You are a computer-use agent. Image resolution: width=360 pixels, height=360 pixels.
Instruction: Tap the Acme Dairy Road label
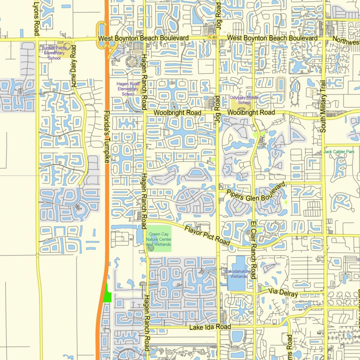click(x=74, y=66)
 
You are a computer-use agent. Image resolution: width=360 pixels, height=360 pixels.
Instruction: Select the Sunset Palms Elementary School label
click(x=54, y=52)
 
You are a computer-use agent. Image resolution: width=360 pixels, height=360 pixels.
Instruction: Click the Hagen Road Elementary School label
click(x=128, y=89)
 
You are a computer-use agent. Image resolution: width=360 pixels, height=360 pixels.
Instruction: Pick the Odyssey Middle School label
click(x=244, y=100)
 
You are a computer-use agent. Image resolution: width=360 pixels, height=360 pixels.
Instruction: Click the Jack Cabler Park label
click(x=339, y=152)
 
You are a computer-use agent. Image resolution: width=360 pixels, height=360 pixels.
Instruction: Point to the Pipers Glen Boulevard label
click(x=256, y=193)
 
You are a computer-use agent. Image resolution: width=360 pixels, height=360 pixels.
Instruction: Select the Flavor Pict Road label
click(x=207, y=235)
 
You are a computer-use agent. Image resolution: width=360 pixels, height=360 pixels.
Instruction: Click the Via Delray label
click(x=283, y=292)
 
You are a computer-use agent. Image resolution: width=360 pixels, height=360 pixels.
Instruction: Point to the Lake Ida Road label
click(x=210, y=327)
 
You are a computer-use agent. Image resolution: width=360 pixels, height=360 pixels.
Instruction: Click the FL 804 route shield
click(x=212, y=37)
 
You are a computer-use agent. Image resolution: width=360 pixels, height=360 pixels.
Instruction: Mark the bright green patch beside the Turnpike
click(x=108, y=294)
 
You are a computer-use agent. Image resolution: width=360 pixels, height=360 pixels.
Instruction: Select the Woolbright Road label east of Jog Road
click(x=251, y=112)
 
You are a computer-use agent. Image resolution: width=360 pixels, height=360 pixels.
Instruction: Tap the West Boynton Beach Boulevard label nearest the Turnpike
click(x=143, y=39)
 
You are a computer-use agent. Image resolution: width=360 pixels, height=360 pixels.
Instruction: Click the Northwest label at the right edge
click(x=346, y=41)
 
